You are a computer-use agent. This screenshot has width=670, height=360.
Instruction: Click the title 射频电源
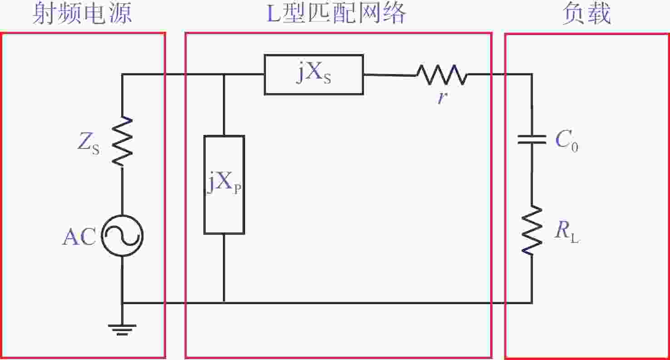(82, 14)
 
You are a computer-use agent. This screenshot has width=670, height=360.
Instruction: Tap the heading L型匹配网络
(336, 14)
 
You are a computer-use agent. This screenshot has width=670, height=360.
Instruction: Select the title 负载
(586, 14)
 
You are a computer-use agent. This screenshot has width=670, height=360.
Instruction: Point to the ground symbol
(122, 330)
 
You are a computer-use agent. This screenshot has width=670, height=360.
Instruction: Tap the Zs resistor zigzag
(122, 141)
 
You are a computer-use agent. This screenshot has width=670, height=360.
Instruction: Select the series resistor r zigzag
(442, 74)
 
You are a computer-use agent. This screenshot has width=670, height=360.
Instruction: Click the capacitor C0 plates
(532, 140)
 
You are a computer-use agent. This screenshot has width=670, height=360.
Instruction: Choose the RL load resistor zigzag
(532, 230)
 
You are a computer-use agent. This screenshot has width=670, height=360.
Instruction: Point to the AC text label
(79, 237)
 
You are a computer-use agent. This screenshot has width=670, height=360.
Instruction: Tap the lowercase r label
(442, 97)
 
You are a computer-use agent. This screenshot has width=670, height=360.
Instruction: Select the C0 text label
(567, 141)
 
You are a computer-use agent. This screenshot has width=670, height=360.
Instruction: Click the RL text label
(567, 233)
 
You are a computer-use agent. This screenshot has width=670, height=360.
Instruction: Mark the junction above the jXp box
(224, 74)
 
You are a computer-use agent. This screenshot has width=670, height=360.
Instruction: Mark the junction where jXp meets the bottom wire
(224, 303)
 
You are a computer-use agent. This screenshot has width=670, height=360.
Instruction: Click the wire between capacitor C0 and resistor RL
(532, 175)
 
